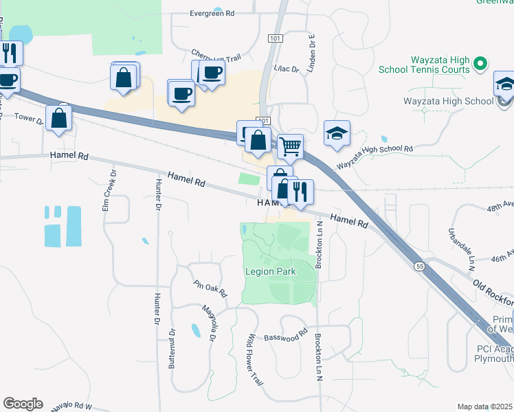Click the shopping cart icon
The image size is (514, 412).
[291, 146]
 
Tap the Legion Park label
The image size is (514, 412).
[271, 272]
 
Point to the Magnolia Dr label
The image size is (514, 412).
[210, 324]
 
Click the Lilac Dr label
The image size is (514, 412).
[287, 69]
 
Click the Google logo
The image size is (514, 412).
[23, 404]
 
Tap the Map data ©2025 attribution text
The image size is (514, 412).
[485, 407]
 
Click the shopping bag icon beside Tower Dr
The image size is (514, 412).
[60, 118]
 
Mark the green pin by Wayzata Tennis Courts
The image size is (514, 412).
[480, 65]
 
